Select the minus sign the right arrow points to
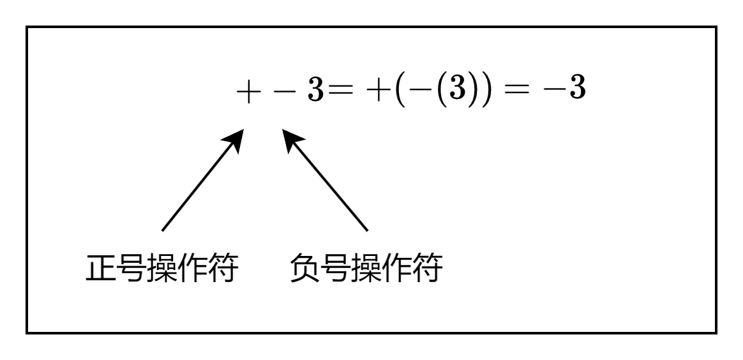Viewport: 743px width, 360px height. click(x=285, y=92)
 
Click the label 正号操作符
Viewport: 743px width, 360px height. click(x=162, y=269)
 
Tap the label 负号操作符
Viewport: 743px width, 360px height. click(x=366, y=269)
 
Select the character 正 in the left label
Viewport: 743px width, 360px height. click(x=100, y=269)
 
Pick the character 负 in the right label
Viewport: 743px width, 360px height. click(x=304, y=269)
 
